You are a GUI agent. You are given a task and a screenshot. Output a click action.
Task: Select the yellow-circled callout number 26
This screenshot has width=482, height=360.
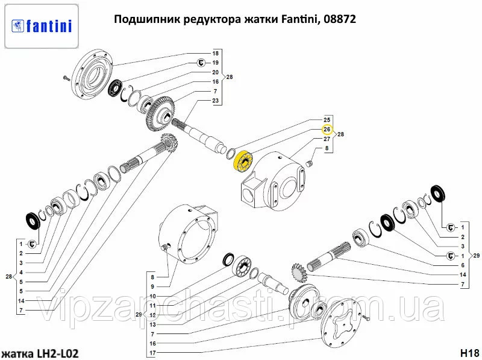pyautogui.click(x=327, y=130)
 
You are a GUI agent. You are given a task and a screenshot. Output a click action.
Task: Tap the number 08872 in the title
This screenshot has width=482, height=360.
pyautogui.click(x=340, y=19)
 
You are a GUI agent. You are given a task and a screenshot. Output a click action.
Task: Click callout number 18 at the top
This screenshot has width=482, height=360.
pyautogui.click(x=215, y=54)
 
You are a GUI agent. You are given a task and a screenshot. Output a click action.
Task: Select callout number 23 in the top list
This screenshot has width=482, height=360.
pyautogui.click(x=215, y=101)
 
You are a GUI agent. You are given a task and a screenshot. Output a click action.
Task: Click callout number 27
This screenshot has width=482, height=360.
pyautogui.click(x=327, y=139)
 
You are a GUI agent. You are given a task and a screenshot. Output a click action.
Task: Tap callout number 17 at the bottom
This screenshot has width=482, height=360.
pyautogui.click(x=152, y=352)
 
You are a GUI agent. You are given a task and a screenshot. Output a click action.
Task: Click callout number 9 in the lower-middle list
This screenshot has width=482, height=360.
pyautogui.click(x=152, y=286)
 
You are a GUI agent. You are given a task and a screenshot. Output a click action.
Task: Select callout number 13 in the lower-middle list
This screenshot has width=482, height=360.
pyautogui.click(x=152, y=324)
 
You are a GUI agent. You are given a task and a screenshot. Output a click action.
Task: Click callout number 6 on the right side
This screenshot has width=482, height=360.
pyautogui.click(x=463, y=265)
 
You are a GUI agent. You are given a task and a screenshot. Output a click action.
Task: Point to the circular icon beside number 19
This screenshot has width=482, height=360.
pyautogui.click(x=201, y=63)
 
